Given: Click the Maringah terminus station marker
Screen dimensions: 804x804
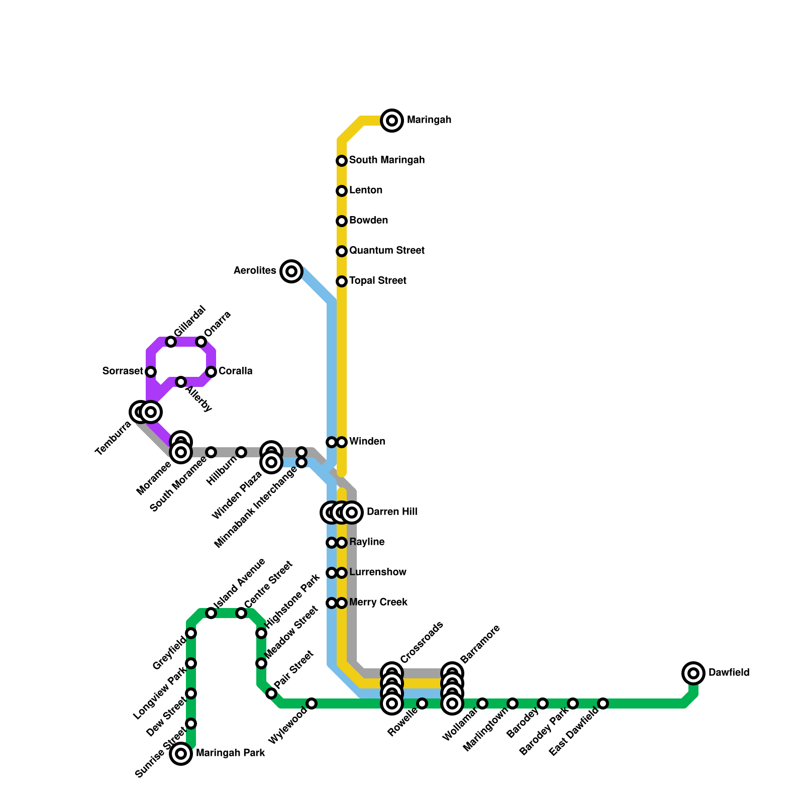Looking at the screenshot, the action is (392, 121).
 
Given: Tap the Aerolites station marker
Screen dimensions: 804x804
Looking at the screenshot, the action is (291, 271).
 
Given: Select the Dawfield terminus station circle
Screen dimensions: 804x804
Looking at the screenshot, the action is (693, 673).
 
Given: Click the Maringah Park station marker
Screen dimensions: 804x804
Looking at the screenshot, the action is (181, 754).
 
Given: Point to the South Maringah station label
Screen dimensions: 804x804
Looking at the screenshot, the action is (387, 160).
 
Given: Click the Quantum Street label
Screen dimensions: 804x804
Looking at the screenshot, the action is (387, 250).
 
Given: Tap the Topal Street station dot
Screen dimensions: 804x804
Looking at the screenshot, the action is (342, 281).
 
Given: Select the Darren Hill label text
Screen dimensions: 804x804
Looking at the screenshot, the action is (392, 512).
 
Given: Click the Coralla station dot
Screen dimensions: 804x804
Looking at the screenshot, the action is (211, 372).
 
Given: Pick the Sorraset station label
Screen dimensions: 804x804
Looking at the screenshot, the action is (123, 371).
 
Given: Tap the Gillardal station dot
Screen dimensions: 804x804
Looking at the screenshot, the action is (171, 342).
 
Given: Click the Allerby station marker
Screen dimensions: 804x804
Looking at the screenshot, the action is (181, 382).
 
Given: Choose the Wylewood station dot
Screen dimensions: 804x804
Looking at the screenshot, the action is (312, 703).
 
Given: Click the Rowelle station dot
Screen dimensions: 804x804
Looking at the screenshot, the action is (422, 703).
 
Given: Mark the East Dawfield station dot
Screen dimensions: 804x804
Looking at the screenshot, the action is (603, 703).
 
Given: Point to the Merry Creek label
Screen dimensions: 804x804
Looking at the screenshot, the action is (378, 602).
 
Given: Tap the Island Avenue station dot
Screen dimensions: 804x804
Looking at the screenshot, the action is (211, 613).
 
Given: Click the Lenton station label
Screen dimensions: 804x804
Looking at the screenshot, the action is (366, 190).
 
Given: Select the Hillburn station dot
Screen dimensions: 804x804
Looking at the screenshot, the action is (241, 452).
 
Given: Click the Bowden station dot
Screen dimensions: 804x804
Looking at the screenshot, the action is (342, 221).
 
